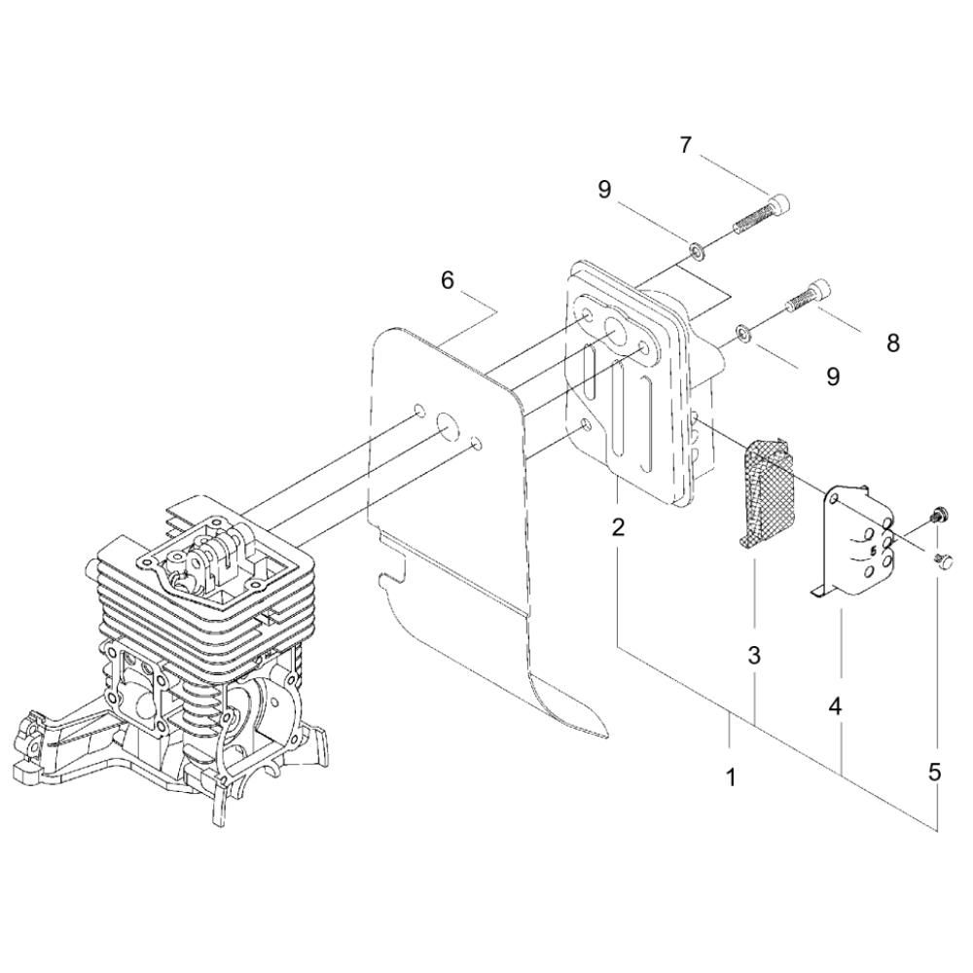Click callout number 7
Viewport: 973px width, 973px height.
685,145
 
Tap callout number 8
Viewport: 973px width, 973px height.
893,343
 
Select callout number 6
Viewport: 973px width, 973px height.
448,280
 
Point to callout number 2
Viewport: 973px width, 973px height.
618,527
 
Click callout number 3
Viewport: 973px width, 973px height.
754,655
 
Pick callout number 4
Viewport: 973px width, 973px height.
836,706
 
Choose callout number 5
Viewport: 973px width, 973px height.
934,773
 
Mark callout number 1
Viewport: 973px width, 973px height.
732,776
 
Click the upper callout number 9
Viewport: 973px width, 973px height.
604,190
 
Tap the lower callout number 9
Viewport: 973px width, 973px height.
833,376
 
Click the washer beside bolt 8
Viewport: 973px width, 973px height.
744,332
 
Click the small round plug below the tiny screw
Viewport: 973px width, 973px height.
938,560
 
